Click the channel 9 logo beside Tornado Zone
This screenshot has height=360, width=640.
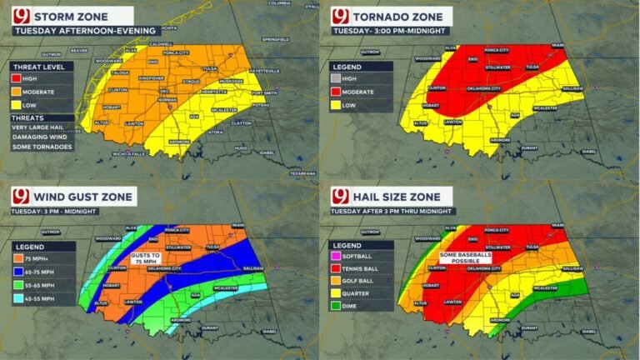pyautogui.click(x=339, y=17)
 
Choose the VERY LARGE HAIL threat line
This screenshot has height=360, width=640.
pyautogui.click(x=44, y=126)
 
